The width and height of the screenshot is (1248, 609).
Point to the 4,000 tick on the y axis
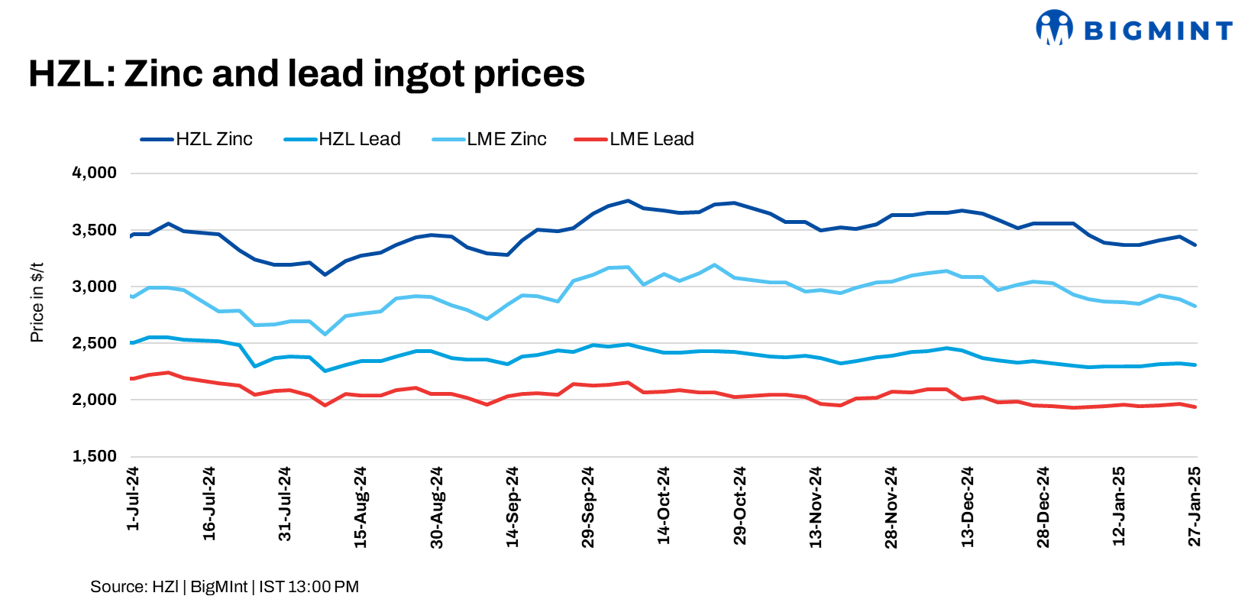(95, 173)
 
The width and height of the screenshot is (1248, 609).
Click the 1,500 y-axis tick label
(95, 456)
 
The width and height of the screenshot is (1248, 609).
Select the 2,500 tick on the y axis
(95, 343)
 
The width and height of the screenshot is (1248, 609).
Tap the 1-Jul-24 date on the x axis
(133, 499)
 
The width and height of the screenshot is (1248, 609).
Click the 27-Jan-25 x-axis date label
(1195, 506)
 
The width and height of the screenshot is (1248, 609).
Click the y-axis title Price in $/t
(37, 303)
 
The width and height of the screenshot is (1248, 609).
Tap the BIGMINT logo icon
(1054, 28)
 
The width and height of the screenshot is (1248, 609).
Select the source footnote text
(225, 587)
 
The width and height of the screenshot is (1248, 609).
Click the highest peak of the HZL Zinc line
(628, 201)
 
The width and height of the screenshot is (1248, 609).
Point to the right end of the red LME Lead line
(1195, 407)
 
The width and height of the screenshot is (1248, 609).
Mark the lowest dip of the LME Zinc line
(325, 334)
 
